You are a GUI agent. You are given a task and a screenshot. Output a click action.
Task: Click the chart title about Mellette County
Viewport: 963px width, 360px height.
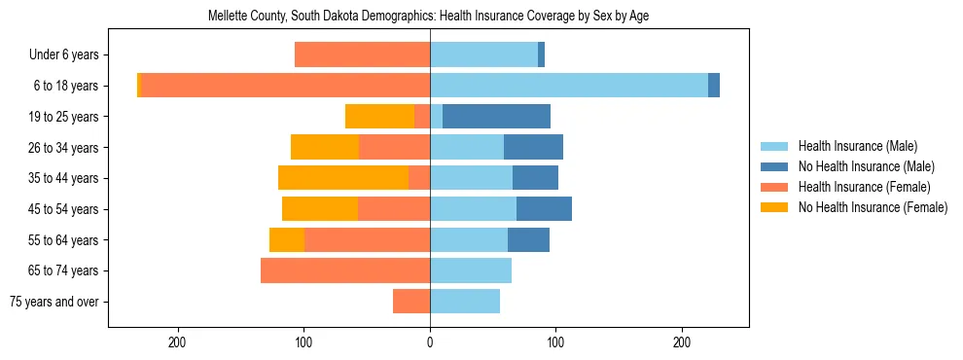pos(429,17)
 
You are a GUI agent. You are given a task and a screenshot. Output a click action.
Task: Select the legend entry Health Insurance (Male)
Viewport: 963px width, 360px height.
pos(857,146)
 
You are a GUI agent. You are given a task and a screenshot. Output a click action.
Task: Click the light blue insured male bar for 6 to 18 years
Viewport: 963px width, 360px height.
pos(569,86)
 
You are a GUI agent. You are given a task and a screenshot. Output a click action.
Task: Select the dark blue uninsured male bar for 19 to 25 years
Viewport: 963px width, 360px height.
pos(496,117)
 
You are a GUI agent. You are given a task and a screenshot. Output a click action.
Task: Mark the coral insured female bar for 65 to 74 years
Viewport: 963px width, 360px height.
pos(345,270)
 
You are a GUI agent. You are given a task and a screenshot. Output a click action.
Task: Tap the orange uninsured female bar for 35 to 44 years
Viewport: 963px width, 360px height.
pos(343,178)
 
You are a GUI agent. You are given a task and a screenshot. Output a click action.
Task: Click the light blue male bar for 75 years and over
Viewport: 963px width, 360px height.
pos(465,302)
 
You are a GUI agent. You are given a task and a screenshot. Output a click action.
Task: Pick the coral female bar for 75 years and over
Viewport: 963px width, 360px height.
pos(411,302)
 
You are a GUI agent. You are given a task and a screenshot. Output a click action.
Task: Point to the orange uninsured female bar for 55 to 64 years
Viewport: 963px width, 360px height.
pos(287,240)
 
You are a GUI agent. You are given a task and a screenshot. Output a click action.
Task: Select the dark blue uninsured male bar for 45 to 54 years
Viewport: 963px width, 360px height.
pos(544,209)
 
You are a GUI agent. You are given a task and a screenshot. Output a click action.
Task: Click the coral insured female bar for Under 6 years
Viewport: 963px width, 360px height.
pos(362,55)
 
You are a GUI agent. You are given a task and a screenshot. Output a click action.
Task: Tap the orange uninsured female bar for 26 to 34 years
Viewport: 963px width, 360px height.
pos(325,148)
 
